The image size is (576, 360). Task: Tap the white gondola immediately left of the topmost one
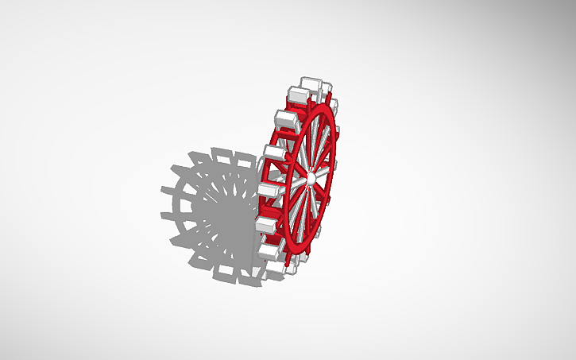coord(298,95)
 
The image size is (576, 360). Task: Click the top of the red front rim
coord(327,107)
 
